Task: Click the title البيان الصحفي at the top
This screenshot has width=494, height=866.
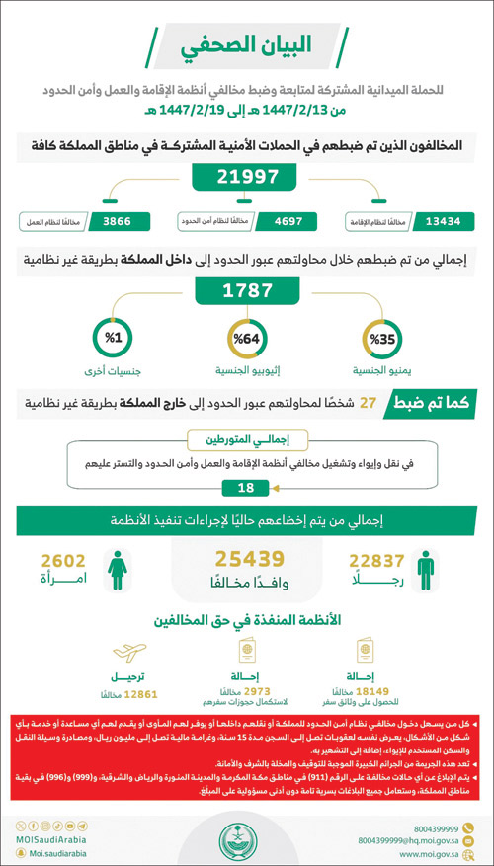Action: coord(247,45)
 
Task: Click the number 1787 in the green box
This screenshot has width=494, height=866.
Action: coord(247,292)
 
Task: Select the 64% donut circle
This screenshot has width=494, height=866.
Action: coord(247,340)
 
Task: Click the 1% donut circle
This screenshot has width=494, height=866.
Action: coord(113,340)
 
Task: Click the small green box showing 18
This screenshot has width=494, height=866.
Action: coord(247,487)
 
